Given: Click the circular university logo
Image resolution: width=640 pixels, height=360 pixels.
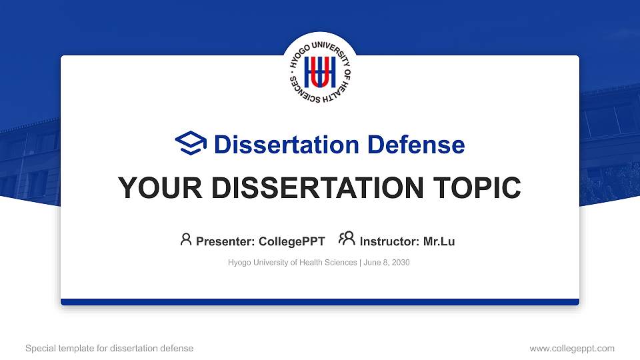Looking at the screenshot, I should pos(320,73).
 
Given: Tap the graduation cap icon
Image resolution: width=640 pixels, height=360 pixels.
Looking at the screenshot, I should pos(191,144).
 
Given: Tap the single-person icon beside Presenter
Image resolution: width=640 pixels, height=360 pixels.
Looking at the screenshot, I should pos(186,239).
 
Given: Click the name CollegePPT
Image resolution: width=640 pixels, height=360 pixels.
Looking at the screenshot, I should pos(293,241).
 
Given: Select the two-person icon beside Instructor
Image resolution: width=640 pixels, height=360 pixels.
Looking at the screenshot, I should pos(347,239).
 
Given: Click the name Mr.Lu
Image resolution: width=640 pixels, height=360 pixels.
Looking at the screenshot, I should pos(439,241).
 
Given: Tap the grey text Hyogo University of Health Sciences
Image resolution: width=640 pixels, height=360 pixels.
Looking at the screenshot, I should pos(292,263).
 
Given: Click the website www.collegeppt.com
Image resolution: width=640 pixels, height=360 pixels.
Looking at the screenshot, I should pos(571,348).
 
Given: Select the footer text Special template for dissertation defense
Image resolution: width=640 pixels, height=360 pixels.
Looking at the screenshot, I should pos(109,348).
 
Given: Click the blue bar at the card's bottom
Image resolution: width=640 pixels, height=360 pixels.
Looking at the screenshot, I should pos(320,302).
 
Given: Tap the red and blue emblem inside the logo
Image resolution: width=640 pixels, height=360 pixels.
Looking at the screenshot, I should pos(320,73).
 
